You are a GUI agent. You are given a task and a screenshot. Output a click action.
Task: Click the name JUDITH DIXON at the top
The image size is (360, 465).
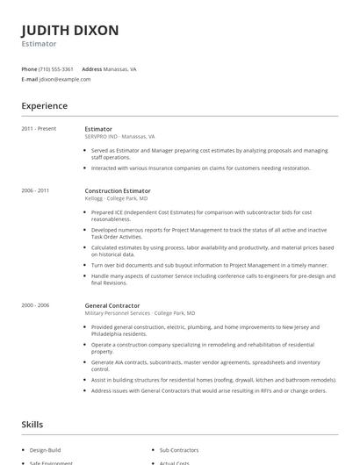69,30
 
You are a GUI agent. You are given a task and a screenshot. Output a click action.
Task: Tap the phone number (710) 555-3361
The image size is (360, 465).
56,68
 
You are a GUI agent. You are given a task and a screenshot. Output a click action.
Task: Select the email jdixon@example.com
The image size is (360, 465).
65,79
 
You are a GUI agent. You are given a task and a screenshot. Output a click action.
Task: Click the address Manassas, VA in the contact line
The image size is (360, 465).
119,68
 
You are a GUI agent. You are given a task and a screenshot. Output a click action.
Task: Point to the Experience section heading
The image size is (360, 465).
44,106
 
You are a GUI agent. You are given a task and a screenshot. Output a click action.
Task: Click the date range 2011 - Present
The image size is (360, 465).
39,129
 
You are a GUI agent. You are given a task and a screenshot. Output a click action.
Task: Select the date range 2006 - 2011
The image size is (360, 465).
35,190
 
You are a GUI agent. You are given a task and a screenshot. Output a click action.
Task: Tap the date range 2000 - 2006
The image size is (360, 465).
35,304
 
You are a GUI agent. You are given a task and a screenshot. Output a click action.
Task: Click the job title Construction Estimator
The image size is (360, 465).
118,190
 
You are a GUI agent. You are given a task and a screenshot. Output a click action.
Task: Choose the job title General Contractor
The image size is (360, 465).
112,304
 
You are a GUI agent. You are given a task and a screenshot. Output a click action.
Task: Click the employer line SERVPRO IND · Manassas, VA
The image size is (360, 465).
119,137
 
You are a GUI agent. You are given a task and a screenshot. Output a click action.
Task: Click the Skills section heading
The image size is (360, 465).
32,425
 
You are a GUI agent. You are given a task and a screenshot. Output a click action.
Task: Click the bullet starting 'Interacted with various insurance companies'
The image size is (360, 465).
200,168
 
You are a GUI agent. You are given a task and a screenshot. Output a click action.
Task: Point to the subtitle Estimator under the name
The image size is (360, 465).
39,44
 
